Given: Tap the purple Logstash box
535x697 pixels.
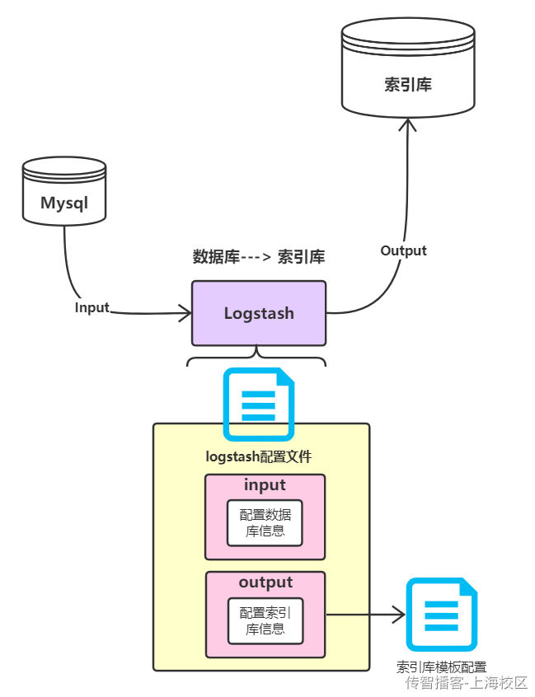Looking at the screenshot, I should coord(259,313).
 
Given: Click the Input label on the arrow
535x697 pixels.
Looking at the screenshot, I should coord(92,307).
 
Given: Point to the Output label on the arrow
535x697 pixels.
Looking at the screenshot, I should coord(403,250).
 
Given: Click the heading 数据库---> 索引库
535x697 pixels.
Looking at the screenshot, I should coord(258,257).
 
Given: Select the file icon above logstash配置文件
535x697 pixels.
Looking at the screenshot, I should coord(259,405).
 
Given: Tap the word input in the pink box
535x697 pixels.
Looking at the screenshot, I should coord(265,485).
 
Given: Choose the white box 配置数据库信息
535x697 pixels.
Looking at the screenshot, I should coord(265,522).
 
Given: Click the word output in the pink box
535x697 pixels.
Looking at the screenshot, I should coord(265,582).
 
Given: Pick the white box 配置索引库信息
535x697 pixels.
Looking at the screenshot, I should coord(265,620).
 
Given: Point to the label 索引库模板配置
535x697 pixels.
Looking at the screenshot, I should coord(441,667).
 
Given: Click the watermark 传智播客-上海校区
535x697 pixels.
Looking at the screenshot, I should coord(466,683).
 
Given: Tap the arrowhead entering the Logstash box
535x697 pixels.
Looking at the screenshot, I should coord(185,313).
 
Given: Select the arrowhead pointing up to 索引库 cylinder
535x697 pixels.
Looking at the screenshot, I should coord(406,124).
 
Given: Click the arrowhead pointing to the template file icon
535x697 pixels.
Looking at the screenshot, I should coord(398,614).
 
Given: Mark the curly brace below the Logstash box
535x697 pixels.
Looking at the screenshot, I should coord(257,358).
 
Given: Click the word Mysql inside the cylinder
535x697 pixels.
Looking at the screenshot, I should coord(64,203).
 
